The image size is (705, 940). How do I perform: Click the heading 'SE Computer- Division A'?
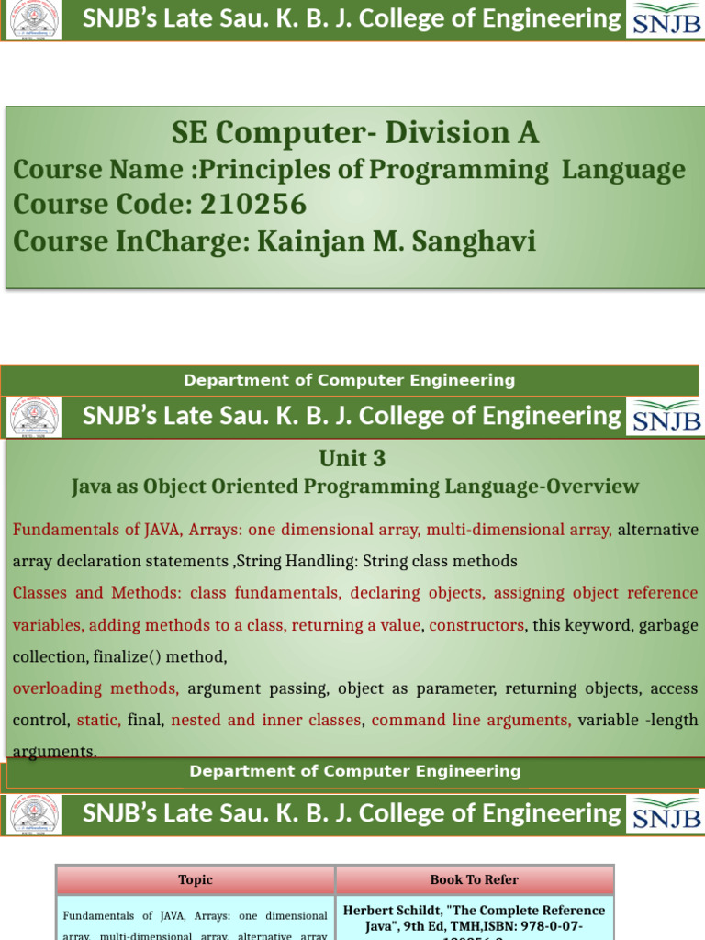[354, 133]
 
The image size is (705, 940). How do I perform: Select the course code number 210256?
[251, 204]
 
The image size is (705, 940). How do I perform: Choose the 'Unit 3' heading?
[352, 458]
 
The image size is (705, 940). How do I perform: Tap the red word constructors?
[476, 625]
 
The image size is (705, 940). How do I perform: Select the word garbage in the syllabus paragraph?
[669, 625]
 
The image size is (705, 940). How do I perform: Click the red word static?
[98, 721]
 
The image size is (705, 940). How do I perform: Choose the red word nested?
[196, 721]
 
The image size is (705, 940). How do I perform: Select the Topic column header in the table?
[196, 879]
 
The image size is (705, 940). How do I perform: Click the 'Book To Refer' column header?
[474, 879]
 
